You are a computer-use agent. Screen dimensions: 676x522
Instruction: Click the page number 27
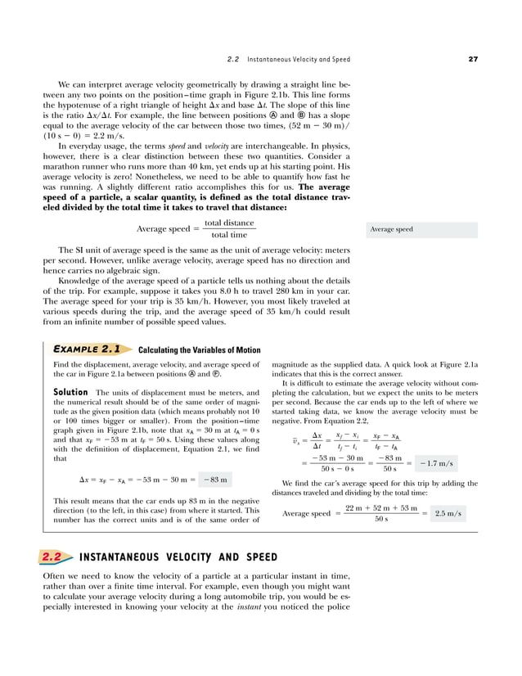pyautogui.click(x=474, y=59)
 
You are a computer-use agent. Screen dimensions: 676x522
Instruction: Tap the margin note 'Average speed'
pyautogui.click(x=392, y=230)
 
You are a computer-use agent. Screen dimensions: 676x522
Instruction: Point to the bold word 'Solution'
pyautogui.click(x=70, y=392)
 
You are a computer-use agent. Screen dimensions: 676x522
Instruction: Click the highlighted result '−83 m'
pyautogui.click(x=214, y=479)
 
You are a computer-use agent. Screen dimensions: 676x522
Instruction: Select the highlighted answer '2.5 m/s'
pyautogui.click(x=448, y=513)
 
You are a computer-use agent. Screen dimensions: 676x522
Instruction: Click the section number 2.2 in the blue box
pyautogui.click(x=52, y=557)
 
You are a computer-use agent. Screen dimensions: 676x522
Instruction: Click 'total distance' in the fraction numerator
pyautogui.click(x=228, y=223)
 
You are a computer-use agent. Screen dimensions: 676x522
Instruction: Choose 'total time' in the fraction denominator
pyautogui.click(x=228, y=236)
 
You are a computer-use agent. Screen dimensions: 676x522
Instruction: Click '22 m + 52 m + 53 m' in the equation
pyautogui.click(x=381, y=508)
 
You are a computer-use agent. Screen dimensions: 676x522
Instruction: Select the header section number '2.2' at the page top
pyautogui.click(x=232, y=59)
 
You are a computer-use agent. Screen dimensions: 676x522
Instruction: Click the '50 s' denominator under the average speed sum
pyautogui.click(x=381, y=519)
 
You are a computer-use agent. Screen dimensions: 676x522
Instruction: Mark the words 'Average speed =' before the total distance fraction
pyautogui.click(x=165, y=229)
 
